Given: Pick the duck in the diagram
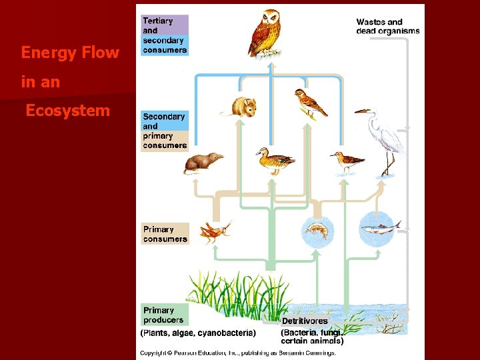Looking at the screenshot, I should click(275, 161).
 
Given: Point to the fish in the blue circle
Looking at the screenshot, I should click(379, 229).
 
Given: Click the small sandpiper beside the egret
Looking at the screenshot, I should click(347, 161).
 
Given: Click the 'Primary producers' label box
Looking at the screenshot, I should click(165, 315).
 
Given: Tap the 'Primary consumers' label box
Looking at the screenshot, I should click(165, 234).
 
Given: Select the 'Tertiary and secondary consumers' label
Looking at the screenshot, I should click(165, 35).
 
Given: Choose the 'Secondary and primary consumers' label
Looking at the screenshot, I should click(165, 131).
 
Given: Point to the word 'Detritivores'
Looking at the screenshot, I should click(304, 321).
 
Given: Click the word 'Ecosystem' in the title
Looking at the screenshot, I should click(67, 111).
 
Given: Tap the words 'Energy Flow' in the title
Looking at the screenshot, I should click(70, 52).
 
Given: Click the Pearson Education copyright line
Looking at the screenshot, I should click(237, 352).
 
